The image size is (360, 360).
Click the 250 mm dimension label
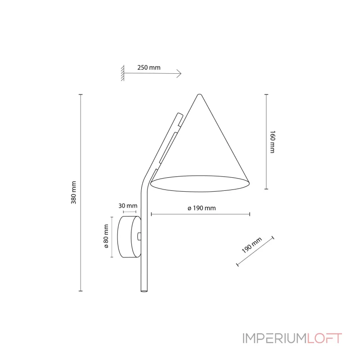[148, 68]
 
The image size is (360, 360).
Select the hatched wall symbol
[122, 73]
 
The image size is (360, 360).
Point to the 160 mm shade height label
[272, 142]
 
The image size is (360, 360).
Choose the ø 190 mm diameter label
[201, 208]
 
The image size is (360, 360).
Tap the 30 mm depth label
[128, 206]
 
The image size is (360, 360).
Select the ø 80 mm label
[106, 237]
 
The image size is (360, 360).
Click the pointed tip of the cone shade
[199, 94]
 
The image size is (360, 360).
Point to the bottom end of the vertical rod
[144, 290]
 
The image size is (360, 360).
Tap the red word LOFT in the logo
[325, 338]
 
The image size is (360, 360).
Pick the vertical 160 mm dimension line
[266, 142]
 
